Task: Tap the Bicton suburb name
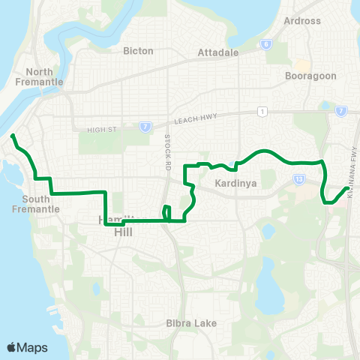(x=138, y=51)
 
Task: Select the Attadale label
(x=217, y=53)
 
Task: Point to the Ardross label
(x=302, y=20)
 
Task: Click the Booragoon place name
(x=307, y=76)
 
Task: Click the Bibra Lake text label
(x=191, y=323)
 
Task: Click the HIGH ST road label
(x=102, y=129)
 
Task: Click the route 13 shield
(x=298, y=179)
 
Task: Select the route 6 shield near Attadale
(x=266, y=44)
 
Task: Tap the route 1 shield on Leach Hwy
(x=261, y=112)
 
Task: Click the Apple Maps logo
(x=28, y=347)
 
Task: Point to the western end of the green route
(x=13, y=136)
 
